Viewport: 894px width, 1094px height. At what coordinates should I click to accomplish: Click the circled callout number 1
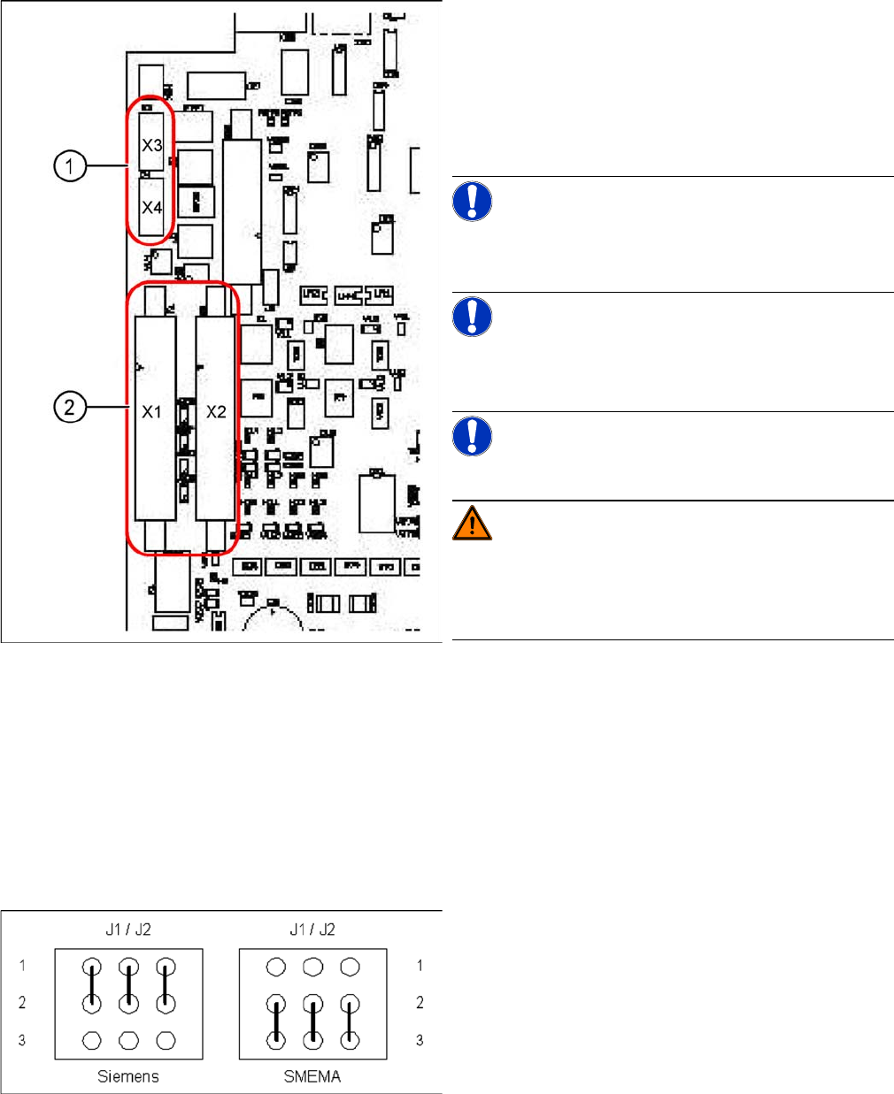point(70,165)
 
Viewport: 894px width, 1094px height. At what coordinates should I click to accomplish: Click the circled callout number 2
point(70,408)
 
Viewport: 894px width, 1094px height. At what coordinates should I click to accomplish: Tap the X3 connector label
point(152,144)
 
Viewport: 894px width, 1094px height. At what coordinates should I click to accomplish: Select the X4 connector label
point(152,208)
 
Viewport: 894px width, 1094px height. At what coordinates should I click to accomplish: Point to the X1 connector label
point(152,411)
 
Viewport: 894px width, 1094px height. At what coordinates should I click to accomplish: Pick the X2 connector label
point(216,411)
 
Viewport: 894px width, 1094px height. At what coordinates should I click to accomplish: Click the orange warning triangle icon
point(473,523)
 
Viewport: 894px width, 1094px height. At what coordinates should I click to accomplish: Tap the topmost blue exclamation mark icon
point(473,201)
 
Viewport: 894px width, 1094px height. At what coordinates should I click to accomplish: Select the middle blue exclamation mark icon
point(473,316)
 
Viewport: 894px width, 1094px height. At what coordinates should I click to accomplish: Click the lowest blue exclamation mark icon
point(473,435)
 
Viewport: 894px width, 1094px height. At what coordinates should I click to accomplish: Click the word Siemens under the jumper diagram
point(128,1076)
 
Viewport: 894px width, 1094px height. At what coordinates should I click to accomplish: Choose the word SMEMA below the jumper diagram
point(312,1076)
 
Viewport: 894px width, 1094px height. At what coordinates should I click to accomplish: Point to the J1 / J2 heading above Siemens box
point(128,930)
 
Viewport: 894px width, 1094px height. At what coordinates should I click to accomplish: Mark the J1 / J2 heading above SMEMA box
point(312,930)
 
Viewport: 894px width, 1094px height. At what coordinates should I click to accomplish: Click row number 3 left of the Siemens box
point(22,1040)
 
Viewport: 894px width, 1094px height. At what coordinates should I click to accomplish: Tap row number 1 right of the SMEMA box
point(420,966)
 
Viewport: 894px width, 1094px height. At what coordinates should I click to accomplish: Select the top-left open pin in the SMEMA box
point(276,967)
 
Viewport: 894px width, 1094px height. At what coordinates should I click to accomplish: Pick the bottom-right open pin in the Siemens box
point(166,1040)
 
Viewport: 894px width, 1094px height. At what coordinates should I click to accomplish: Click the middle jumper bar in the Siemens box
point(129,985)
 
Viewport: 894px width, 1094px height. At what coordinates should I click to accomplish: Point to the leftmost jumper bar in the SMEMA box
point(277,1022)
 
